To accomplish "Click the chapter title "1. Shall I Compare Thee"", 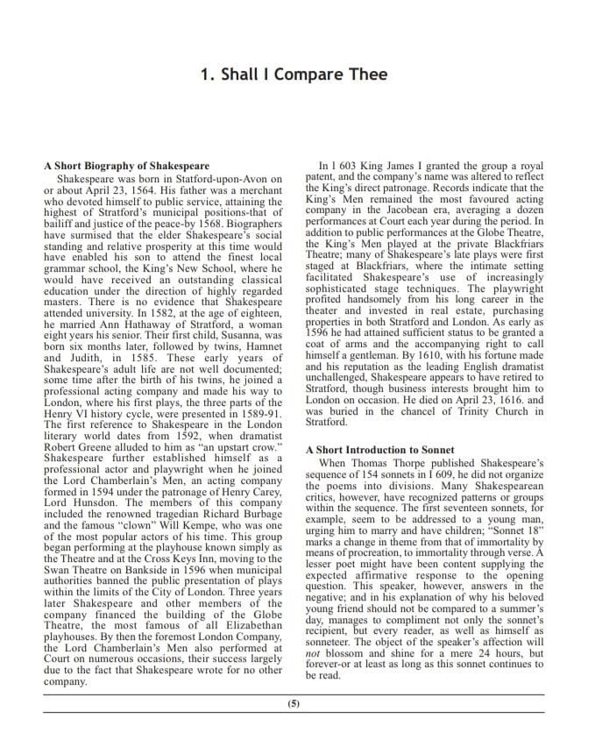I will [294, 75].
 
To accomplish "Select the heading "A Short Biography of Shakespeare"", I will [126, 166].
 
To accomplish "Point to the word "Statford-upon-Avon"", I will [212, 179].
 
